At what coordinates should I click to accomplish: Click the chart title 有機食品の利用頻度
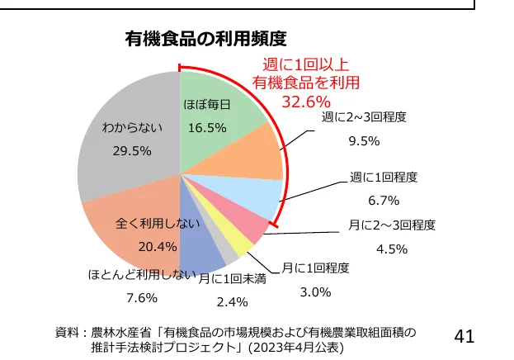pos(205,39)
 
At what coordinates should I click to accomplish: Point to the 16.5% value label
pos(206,128)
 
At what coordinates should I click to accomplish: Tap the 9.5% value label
pos(364,140)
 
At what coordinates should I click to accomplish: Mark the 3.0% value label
pos(315,291)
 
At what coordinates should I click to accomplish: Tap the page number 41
pos(464,336)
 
